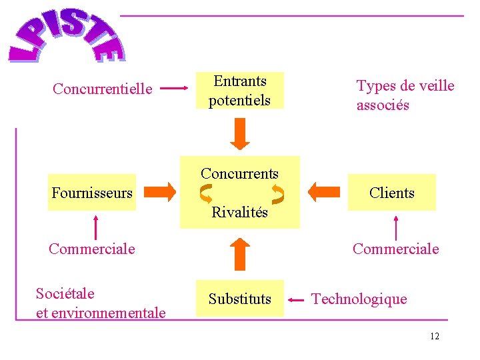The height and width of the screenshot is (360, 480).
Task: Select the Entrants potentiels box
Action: (x=240, y=91)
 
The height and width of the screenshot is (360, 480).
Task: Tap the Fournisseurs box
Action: (x=92, y=193)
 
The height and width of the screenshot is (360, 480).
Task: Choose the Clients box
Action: (x=392, y=193)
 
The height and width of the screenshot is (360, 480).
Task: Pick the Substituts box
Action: (x=240, y=299)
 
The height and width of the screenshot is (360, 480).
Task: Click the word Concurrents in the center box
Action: (x=240, y=173)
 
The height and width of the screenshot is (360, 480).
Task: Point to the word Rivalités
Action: (x=240, y=213)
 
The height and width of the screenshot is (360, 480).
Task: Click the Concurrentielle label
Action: (x=103, y=89)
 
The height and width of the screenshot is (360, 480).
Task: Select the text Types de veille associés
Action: (x=405, y=95)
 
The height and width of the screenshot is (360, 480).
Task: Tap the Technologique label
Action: (x=359, y=299)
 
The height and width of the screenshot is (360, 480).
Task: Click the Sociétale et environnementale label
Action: (x=101, y=303)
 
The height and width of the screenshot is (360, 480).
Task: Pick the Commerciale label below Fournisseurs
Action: (x=92, y=249)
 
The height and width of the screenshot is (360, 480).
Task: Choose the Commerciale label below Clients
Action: (x=396, y=249)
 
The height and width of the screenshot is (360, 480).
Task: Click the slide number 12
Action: (x=435, y=336)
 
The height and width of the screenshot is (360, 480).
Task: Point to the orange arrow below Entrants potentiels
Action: (x=240, y=135)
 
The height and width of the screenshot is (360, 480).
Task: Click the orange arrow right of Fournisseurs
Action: (x=159, y=193)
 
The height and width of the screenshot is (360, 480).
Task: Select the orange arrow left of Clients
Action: (x=324, y=193)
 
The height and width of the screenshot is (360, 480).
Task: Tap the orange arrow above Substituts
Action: (x=240, y=254)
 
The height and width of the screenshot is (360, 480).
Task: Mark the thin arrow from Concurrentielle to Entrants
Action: (x=175, y=87)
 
